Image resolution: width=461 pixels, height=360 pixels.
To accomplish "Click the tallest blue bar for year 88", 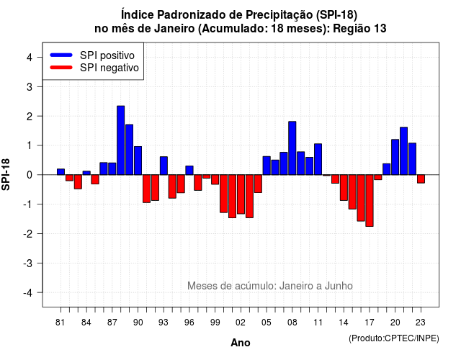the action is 120,140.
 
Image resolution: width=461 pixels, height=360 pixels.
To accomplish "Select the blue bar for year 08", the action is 292,148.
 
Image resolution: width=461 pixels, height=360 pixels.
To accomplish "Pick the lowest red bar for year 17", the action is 370,200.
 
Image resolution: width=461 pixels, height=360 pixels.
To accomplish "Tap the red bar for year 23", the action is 421,179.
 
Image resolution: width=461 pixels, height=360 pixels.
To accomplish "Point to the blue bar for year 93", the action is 164,166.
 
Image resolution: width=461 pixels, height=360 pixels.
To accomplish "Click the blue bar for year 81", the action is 61,172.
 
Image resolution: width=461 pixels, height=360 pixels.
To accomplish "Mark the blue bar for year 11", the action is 318,159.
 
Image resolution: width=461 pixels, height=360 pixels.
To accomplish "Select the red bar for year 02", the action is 241,194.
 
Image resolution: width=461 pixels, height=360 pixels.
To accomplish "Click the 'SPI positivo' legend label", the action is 107,55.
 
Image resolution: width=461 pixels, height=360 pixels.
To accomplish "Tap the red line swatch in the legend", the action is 61,67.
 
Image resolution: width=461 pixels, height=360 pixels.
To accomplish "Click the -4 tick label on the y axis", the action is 29,293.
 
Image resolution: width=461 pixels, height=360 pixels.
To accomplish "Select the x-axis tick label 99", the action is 215,323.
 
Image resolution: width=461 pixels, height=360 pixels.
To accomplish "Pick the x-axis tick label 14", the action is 344,323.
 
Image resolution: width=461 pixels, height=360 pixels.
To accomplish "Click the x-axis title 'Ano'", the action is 241,343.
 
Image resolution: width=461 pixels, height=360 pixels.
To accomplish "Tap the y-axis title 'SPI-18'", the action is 6,174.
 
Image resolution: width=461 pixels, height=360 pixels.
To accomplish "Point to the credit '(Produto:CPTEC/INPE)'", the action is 394,338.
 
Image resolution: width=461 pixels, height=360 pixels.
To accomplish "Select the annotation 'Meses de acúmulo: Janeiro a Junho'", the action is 270,286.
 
